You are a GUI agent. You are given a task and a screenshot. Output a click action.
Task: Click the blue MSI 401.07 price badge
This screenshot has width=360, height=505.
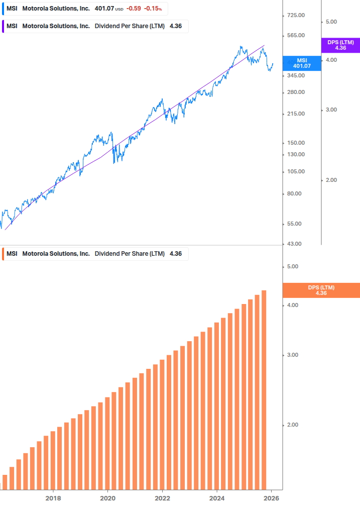(302, 63)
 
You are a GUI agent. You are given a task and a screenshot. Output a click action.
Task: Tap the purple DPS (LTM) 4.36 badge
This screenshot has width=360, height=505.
(340, 45)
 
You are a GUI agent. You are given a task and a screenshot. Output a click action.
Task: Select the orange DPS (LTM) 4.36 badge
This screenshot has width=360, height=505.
(321, 290)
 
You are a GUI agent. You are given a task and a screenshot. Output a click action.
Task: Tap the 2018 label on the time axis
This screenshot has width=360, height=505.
(53, 498)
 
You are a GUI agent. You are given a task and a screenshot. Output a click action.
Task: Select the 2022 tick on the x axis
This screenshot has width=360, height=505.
(162, 498)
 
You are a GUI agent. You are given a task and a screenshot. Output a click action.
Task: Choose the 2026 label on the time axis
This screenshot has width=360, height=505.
(271, 498)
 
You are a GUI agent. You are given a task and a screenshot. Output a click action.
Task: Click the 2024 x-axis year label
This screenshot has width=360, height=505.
(217, 498)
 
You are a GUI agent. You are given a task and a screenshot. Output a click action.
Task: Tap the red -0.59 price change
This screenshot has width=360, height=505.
(134, 9)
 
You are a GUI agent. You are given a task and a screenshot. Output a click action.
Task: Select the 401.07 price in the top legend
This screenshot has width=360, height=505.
(104, 9)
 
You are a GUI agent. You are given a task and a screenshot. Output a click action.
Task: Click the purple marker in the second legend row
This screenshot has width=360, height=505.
(4, 26)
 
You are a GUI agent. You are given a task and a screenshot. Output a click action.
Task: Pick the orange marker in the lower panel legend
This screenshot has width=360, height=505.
(4, 254)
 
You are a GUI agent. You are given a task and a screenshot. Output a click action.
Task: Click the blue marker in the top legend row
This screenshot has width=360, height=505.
(4, 9)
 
